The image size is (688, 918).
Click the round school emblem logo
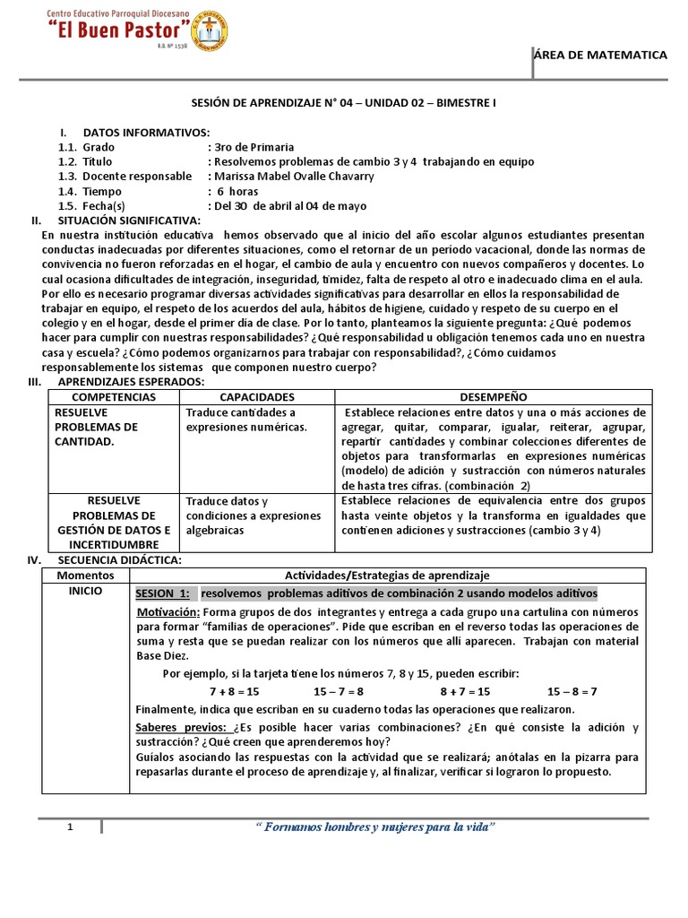pos(210,31)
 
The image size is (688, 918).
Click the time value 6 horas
pos(236,191)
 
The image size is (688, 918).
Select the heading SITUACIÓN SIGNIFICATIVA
pos(129,221)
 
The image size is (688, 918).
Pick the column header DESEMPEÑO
pos(493,396)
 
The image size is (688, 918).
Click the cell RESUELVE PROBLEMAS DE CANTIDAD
pos(97,427)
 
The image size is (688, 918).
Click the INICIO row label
pos(86,592)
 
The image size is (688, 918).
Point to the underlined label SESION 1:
pos(162,594)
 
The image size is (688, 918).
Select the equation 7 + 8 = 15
pos(234,691)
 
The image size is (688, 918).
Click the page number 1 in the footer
pos(70,827)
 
